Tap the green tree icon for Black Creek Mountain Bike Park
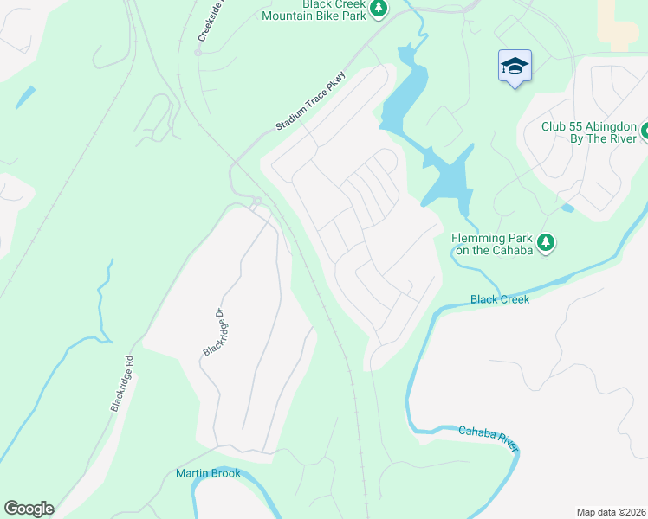(379, 9)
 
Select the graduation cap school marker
(514, 66)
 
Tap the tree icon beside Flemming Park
(546, 242)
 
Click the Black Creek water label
(499, 299)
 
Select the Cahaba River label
(489, 437)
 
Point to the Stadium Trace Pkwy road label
(310, 102)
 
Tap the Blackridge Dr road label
(213, 332)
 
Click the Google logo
(29, 509)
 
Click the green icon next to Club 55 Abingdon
(646, 132)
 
